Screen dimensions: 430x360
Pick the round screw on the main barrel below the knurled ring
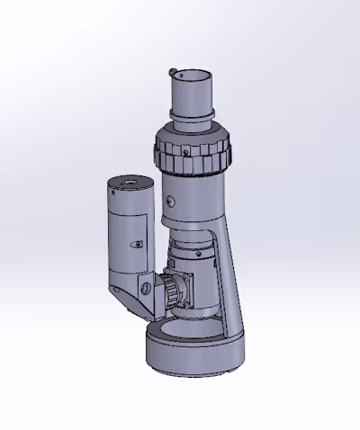[173, 200]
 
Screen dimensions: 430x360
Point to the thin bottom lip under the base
[193, 372]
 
